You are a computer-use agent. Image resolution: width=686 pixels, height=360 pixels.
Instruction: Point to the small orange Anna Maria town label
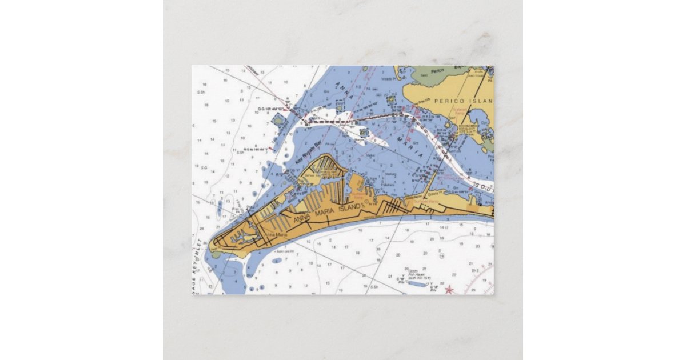coord(276,235)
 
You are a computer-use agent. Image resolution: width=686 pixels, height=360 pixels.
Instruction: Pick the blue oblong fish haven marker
coord(417,283)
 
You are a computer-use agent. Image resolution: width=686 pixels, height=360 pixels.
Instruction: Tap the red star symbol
coord(449,289)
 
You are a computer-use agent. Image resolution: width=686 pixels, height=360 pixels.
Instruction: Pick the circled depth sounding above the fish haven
coord(407,269)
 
